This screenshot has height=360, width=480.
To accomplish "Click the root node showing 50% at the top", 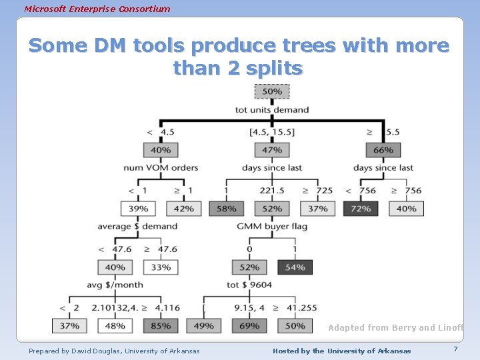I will pos(271,91).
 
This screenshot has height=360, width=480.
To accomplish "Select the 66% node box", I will pos(383,150).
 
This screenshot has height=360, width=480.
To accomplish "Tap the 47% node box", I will pos(271,150).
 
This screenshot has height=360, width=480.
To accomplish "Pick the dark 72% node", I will pos(361,209).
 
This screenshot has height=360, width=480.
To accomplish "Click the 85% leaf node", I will pos(161,326).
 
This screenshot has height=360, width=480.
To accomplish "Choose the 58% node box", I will pos(226,209).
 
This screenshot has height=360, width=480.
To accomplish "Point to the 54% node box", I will pos(295,267).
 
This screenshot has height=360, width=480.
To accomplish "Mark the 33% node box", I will pos(161,267).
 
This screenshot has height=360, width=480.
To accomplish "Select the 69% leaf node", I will pos(249,326).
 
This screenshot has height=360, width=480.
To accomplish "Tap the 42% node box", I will pos(183,209).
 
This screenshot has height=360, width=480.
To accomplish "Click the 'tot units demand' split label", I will pos(272,110).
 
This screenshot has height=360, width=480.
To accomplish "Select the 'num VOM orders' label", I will pos(161,168).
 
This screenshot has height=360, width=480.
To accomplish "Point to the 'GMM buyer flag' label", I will pos(272,227).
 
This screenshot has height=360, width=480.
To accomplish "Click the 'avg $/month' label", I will pos(115,285).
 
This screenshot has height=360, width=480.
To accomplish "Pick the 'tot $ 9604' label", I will pos(249,285).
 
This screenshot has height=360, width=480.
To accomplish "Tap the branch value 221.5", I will pos(272,191).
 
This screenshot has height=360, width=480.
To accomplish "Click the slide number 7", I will pos(455,350).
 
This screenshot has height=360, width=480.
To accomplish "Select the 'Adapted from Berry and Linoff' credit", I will pos(395,328).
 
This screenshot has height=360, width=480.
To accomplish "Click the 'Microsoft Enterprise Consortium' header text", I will pos(97,9).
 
